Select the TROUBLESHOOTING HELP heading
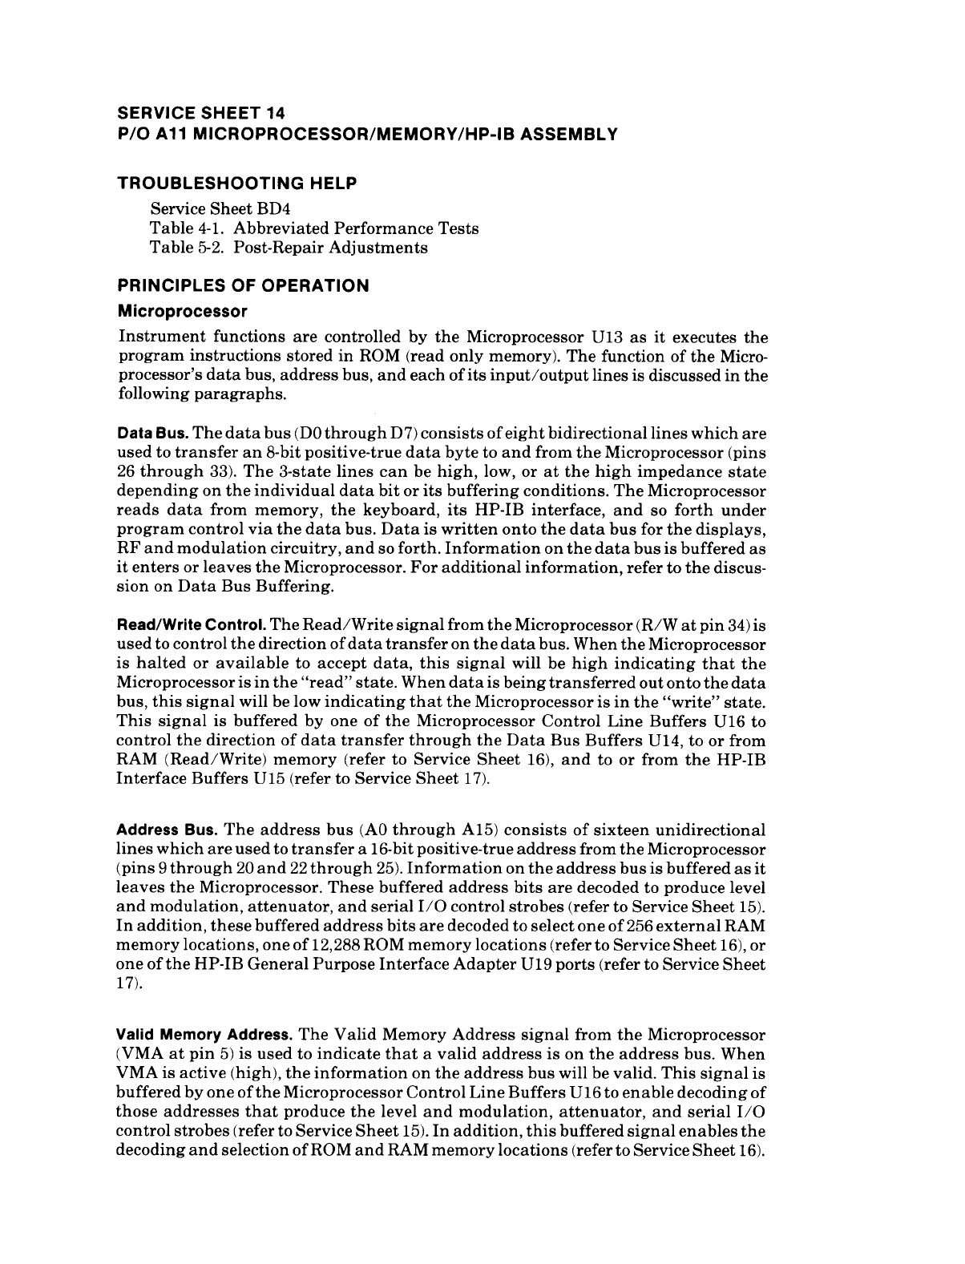237,184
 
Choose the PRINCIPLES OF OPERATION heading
244,286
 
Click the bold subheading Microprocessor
182,310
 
